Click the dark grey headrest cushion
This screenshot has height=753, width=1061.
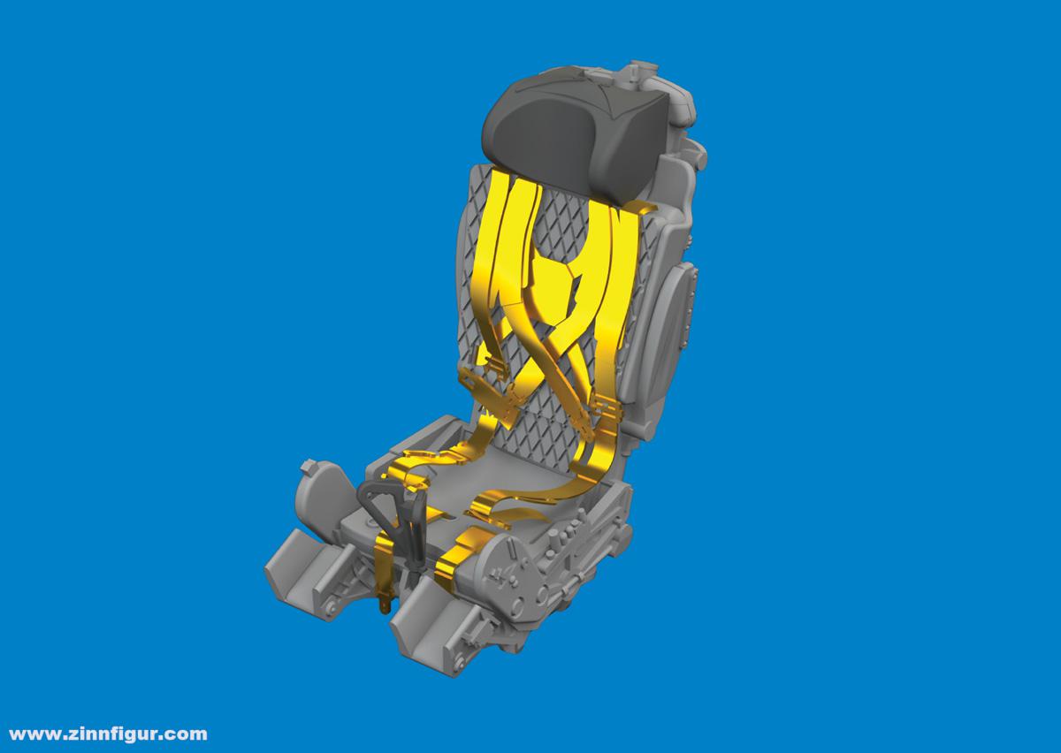tap(576, 129)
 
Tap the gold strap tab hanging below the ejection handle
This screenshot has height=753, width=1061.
tap(383, 604)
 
